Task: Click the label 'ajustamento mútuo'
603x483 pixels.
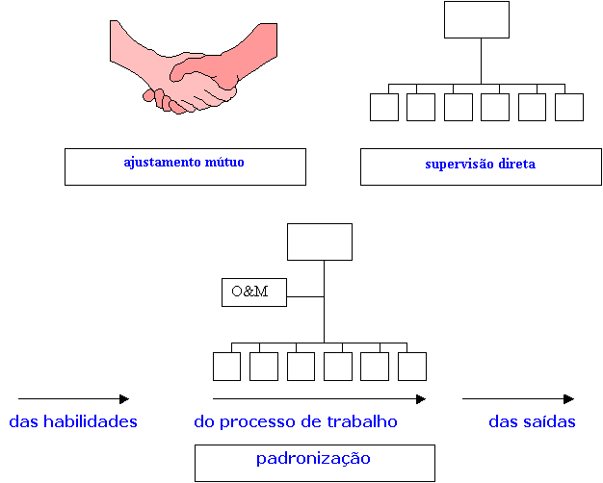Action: click(x=184, y=163)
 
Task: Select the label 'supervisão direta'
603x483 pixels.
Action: click(x=480, y=165)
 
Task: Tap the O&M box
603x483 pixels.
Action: click(x=253, y=292)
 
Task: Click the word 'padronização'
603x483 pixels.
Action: click(x=313, y=459)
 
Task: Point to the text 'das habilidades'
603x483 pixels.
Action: click(x=73, y=421)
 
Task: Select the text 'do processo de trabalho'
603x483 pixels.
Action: click(x=296, y=421)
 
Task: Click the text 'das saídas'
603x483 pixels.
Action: click(x=532, y=421)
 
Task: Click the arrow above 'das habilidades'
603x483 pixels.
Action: click(x=73, y=398)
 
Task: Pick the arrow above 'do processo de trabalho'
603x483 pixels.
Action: click(x=319, y=398)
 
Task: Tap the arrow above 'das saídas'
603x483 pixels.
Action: click(x=518, y=398)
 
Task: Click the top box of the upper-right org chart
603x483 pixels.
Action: click(x=477, y=19)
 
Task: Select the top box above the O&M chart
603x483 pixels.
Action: click(x=320, y=241)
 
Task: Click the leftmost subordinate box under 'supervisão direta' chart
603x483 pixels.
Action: click(x=384, y=107)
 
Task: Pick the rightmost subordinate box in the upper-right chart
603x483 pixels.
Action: click(x=569, y=107)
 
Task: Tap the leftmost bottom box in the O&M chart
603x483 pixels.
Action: click(x=227, y=367)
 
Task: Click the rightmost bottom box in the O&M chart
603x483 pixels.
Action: click(x=412, y=367)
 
